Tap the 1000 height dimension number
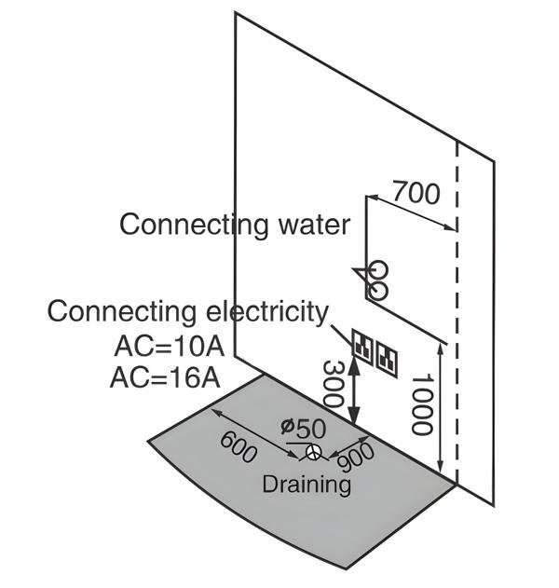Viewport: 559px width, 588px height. [x=422, y=404]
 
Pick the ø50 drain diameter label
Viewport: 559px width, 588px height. [x=304, y=429]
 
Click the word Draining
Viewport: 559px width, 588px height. [x=307, y=484]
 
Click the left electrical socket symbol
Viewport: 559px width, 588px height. [x=361, y=348]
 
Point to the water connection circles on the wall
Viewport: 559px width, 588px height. [x=376, y=273]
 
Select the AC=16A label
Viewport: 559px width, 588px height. [x=165, y=376]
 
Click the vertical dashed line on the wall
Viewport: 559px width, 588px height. [x=456, y=308]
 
